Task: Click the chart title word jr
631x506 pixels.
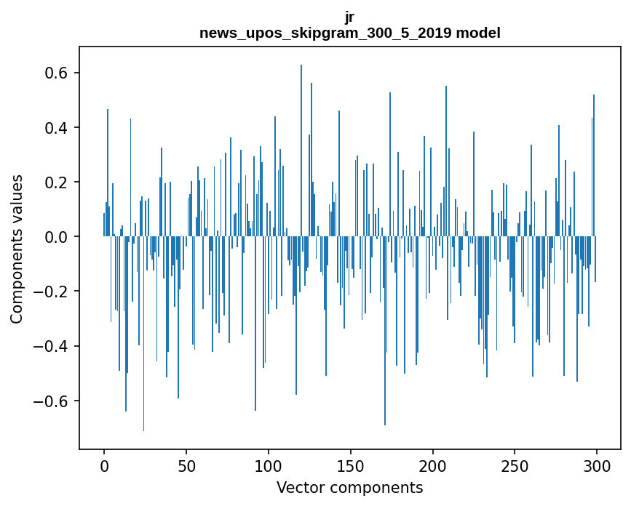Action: click(x=349, y=17)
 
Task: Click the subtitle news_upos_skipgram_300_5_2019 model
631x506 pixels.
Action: click(x=349, y=33)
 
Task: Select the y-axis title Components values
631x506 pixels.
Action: click(x=16, y=249)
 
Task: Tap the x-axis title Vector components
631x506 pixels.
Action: click(x=349, y=487)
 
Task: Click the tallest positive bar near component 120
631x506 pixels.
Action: click(x=301, y=145)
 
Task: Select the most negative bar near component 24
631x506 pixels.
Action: click(x=143, y=334)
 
